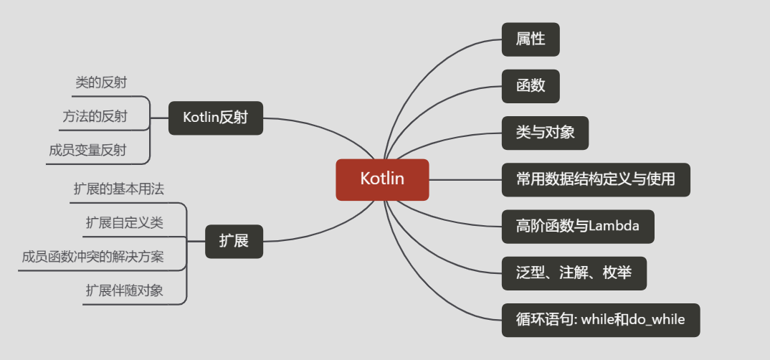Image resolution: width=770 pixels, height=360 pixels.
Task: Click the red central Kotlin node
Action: tap(382, 179)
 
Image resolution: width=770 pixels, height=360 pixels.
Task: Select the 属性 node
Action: tap(531, 39)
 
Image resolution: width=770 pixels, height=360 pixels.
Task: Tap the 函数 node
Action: tap(531, 86)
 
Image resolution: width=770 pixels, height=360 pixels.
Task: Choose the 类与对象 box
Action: tap(545, 133)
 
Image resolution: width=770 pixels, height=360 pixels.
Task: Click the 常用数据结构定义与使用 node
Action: tap(596, 179)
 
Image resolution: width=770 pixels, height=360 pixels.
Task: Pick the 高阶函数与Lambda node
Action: tap(578, 227)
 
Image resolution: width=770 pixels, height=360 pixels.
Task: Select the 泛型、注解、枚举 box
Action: tap(574, 273)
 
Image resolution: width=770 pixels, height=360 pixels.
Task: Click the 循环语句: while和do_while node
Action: tap(600, 320)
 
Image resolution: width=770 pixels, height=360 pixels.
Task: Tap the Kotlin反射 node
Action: tap(216, 118)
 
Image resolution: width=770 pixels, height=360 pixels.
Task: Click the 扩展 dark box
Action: tap(234, 241)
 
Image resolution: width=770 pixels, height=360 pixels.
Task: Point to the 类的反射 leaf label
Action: tap(101, 83)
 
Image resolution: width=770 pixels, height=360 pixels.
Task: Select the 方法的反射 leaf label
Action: tap(95, 117)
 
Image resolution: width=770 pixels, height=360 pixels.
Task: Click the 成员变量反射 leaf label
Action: tap(87, 151)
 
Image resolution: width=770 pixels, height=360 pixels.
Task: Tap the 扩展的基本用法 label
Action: tap(118, 189)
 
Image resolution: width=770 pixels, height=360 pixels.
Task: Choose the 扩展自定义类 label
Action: tap(124, 223)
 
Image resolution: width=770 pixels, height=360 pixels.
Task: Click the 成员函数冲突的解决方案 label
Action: tap(92, 257)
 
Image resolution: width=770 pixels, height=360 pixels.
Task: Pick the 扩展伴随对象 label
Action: tap(124, 290)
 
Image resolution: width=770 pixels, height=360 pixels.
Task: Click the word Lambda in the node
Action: tap(614, 227)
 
